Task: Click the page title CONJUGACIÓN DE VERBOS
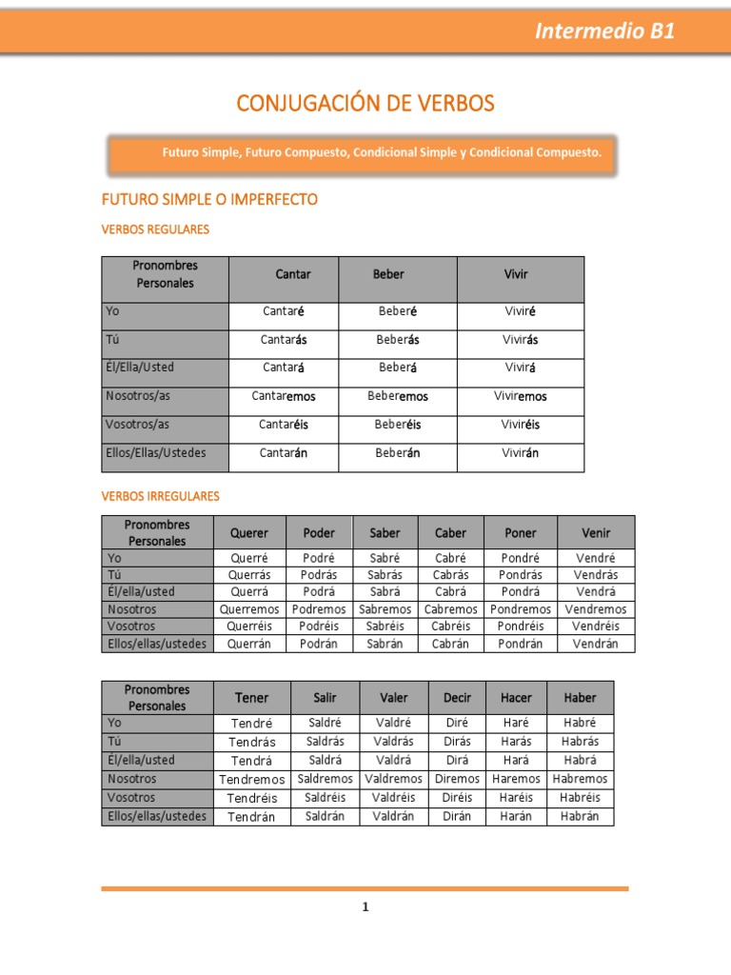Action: click(365, 103)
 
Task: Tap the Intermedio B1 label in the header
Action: click(604, 30)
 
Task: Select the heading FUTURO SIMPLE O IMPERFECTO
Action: click(209, 200)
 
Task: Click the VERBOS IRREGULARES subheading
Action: click(160, 496)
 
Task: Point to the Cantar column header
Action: click(293, 274)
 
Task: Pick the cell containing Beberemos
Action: click(398, 396)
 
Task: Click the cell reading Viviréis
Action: click(521, 425)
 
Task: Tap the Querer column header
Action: click(248, 533)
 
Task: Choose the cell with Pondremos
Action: click(521, 609)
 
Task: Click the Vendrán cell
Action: click(596, 644)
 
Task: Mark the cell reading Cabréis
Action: click(450, 627)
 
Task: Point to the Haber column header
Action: click(580, 698)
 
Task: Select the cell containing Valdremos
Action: click(393, 779)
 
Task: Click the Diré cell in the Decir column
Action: click(457, 723)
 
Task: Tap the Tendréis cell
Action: click(252, 798)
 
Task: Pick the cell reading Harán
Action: click(516, 816)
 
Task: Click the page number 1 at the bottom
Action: click(365, 907)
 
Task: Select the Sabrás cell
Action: click(385, 575)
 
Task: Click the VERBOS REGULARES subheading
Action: click(155, 229)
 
